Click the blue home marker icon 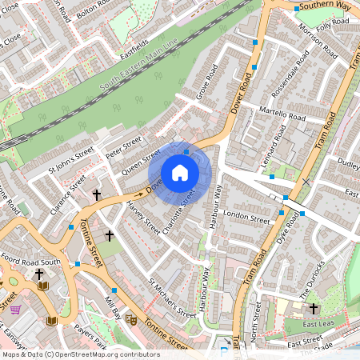point(180,172)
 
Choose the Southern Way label point(324,5)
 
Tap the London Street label point(247,217)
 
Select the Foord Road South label point(30,261)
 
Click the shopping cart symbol point(14,309)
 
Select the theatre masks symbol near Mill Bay point(130,318)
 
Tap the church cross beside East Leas point(313,308)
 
